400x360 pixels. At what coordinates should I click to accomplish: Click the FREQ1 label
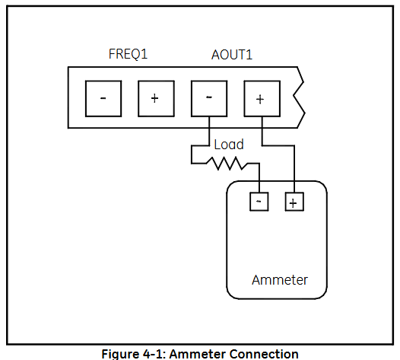click(128, 54)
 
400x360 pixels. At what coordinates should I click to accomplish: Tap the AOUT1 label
click(232, 55)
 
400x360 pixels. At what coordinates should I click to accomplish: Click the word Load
click(229, 145)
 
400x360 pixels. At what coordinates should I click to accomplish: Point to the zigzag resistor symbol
click(227, 164)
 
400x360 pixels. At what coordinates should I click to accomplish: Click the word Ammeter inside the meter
click(280, 280)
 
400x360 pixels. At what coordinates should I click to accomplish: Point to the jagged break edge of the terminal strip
click(299, 97)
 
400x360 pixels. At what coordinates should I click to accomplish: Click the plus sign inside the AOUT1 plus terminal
click(260, 99)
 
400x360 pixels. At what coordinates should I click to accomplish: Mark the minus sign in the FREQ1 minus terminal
click(103, 98)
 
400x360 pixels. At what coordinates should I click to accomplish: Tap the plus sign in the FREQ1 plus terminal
click(154, 98)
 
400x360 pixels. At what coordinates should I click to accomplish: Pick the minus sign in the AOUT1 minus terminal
click(209, 97)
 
